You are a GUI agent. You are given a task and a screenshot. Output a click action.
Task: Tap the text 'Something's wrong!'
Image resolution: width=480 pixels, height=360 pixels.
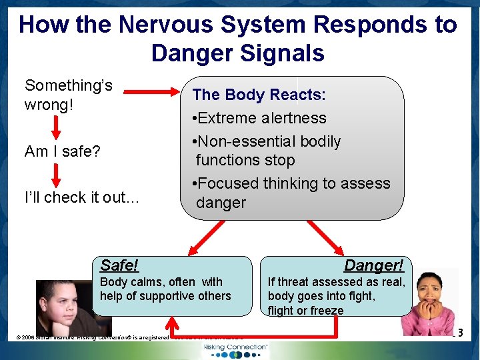(x=69, y=95)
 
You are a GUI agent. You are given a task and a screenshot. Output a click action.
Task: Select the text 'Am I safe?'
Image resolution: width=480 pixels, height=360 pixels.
(x=62, y=151)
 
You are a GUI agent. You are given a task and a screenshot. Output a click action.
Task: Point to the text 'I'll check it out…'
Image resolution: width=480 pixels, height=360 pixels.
(x=82, y=197)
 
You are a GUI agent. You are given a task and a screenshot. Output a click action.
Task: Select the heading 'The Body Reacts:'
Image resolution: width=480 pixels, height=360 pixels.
(x=259, y=95)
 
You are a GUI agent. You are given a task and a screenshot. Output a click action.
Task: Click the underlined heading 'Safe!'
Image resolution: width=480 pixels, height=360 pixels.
(x=119, y=265)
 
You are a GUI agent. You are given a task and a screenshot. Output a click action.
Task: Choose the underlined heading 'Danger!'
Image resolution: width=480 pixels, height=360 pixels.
(x=373, y=265)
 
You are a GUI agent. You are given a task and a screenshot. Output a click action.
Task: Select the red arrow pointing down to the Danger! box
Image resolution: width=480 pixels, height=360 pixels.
(x=325, y=237)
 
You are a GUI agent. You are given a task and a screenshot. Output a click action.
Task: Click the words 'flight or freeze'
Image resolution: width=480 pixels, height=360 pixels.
(x=305, y=311)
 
